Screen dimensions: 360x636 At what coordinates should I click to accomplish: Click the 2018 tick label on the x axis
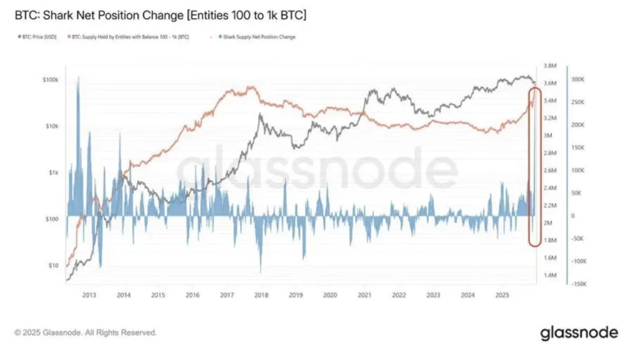pos(261,295)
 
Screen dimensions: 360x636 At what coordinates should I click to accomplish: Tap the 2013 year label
pos(89,295)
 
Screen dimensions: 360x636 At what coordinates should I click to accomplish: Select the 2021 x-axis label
pos(364,295)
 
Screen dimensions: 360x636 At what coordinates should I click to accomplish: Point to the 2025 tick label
pos(502,295)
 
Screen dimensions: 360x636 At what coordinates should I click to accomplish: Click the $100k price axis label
pos(51,80)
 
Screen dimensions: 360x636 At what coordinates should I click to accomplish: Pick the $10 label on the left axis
pos(53,265)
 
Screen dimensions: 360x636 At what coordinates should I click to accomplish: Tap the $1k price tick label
pos(53,173)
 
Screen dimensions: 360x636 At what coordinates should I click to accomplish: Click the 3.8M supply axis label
pos(550,66)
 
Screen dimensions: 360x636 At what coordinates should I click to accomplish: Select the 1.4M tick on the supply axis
pos(550,275)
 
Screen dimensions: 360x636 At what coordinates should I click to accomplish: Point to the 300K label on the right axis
pos(578,79)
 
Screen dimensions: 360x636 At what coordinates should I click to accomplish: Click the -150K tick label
pos(579,284)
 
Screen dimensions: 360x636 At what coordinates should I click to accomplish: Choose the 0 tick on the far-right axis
pos(573,216)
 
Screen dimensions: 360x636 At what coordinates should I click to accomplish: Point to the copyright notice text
pos(86,332)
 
